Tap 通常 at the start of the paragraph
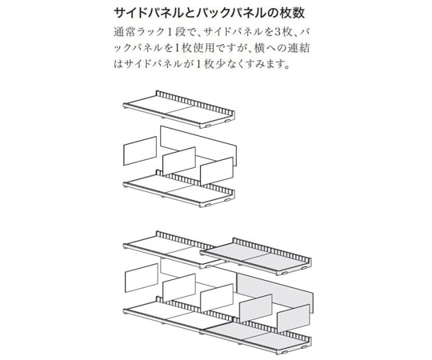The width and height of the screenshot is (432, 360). point(123,32)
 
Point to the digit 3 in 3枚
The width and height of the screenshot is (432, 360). point(277,32)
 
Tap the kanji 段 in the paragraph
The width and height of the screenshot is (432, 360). point(181,32)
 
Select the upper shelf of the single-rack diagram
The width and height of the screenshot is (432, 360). point(179,109)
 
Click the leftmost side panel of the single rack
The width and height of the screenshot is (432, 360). point(140,150)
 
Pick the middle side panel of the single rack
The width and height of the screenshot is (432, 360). point(179,161)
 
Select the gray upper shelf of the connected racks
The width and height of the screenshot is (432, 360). point(256,257)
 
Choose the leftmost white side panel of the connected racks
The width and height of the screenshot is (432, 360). point(142,278)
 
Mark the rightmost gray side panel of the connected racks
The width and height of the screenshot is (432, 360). point(293,318)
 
